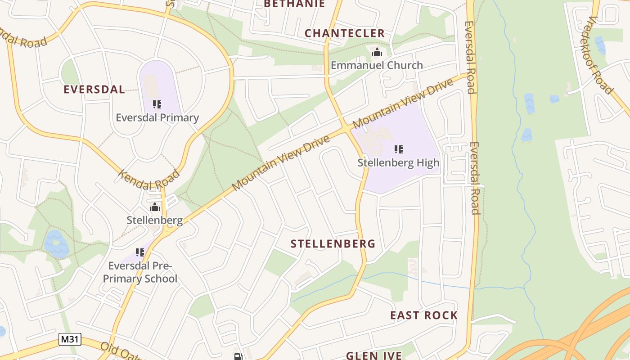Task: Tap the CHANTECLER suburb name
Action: (345, 33)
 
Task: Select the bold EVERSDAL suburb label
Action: (94, 90)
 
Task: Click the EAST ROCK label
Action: (423, 315)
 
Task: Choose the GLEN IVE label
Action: (373, 355)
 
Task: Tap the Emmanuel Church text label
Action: (377, 65)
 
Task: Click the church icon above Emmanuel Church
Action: (377, 53)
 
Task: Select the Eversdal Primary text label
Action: (157, 118)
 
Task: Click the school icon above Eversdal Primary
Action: (157, 104)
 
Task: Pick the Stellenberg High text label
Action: (398, 162)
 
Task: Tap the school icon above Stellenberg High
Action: (398, 149)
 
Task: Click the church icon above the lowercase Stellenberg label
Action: (155, 207)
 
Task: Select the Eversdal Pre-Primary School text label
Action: (140, 272)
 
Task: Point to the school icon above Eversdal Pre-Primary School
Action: (139, 252)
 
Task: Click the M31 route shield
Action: (70, 339)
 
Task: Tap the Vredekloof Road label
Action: (601, 55)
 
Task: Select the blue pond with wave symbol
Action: (56, 243)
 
